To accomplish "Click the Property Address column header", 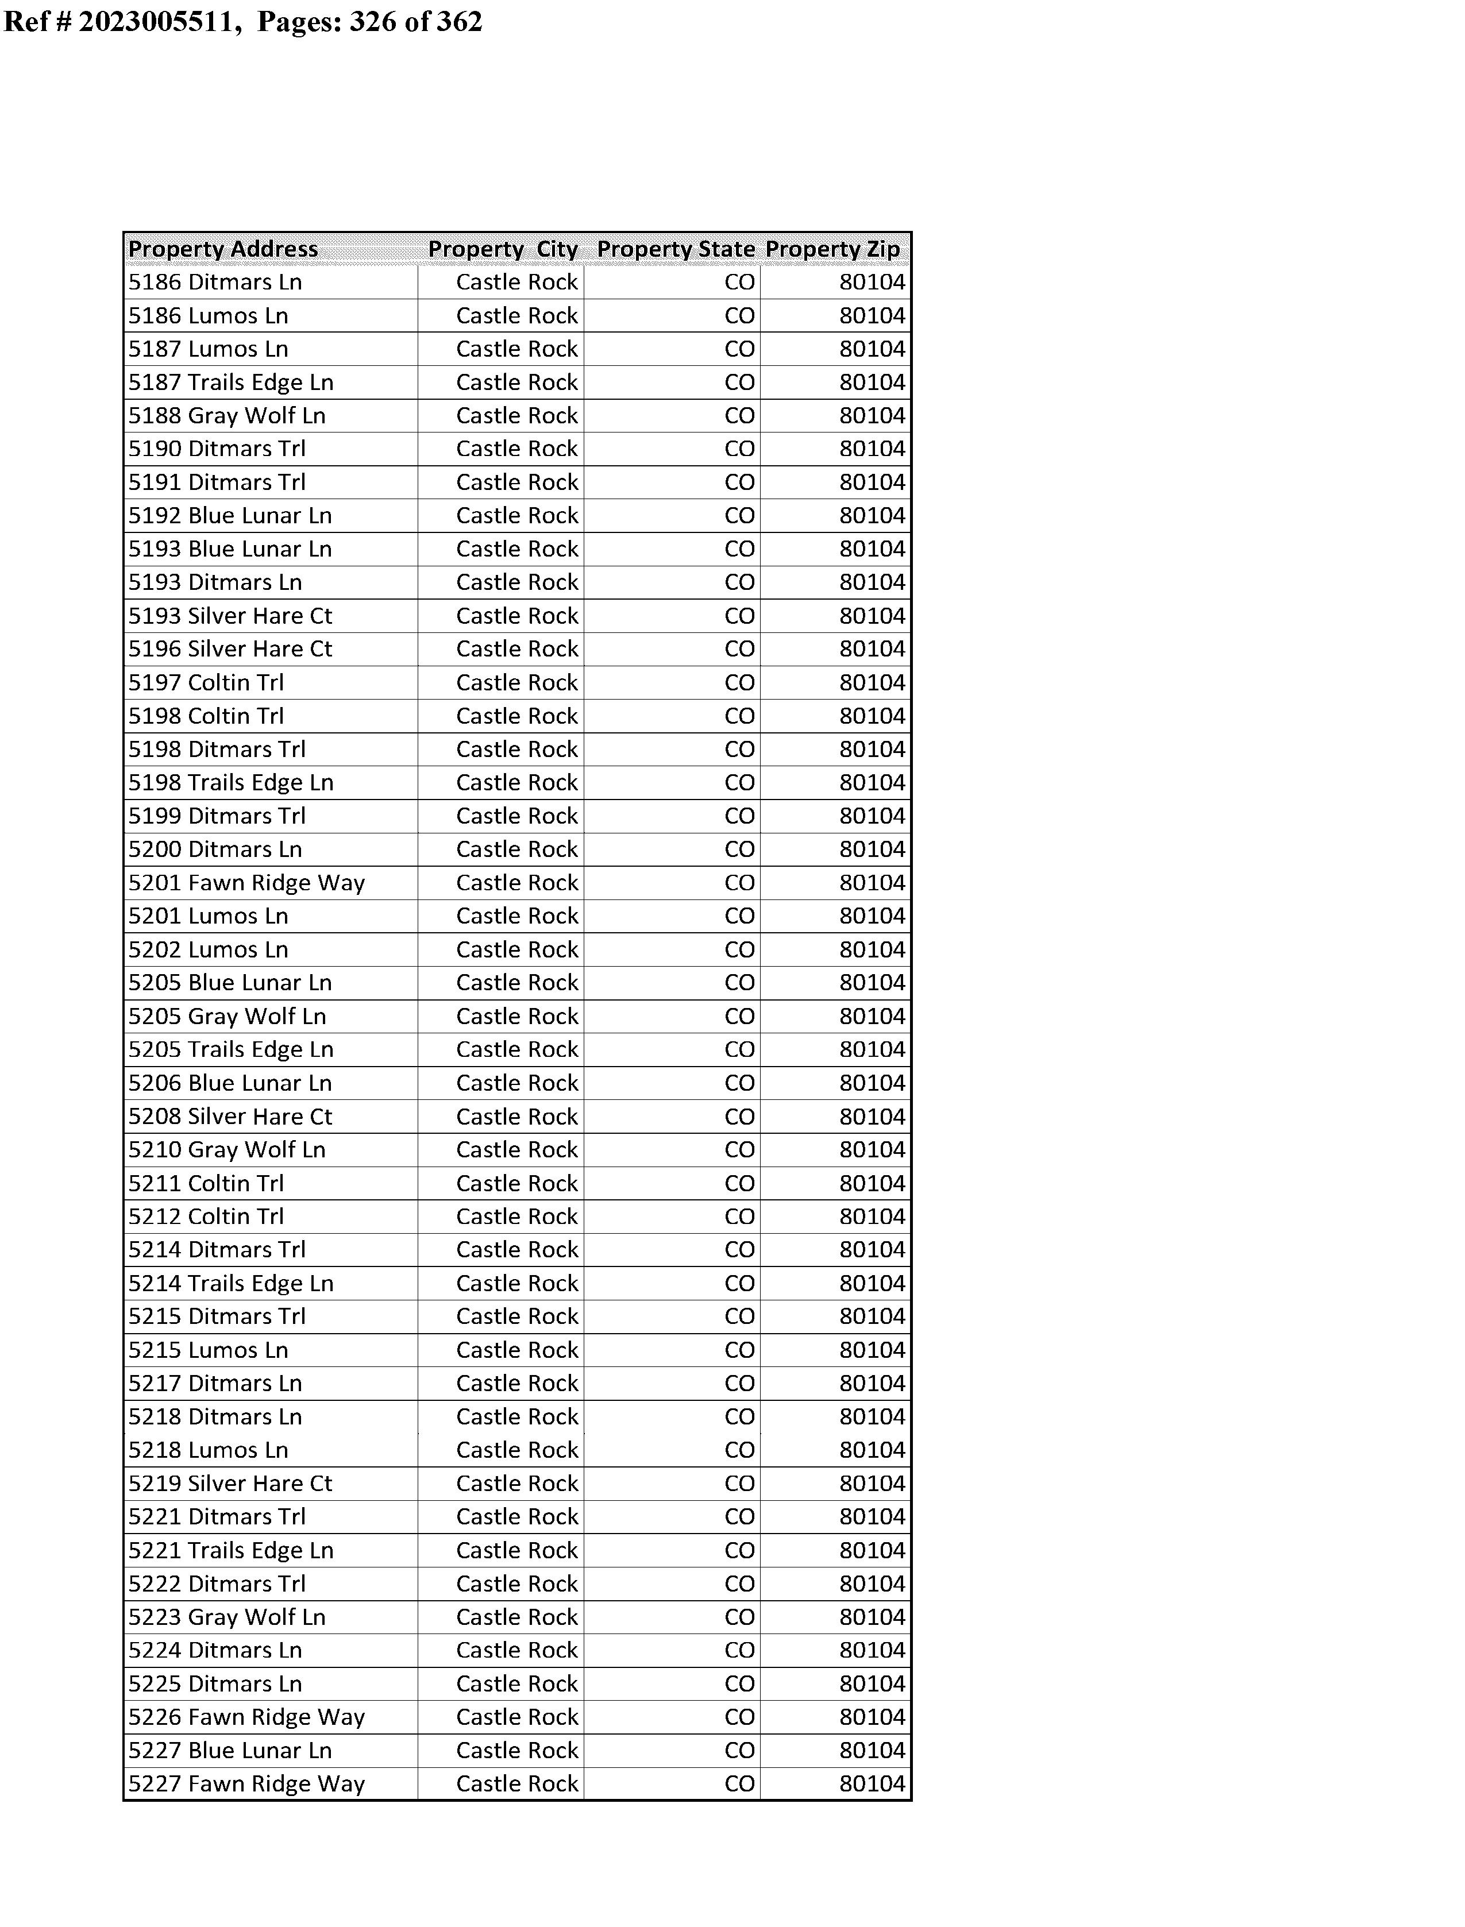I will [223, 249].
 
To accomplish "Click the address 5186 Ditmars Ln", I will [215, 283].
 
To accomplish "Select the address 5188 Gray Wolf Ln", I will [227, 416].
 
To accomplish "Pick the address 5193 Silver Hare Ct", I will [230, 616].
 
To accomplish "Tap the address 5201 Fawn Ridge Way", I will [247, 883].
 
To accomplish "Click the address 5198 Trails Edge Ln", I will [231, 783].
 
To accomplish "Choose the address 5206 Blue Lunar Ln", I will [230, 1083].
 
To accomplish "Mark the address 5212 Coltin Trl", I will [207, 1217].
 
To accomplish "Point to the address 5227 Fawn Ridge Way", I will [247, 1784].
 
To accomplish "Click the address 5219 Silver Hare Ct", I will [230, 1484].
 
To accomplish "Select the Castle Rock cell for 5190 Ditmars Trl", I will [516, 449].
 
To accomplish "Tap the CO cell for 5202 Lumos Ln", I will [739, 950].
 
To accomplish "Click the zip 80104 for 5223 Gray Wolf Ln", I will [872, 1617].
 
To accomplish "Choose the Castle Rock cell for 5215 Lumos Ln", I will [516, 1350].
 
